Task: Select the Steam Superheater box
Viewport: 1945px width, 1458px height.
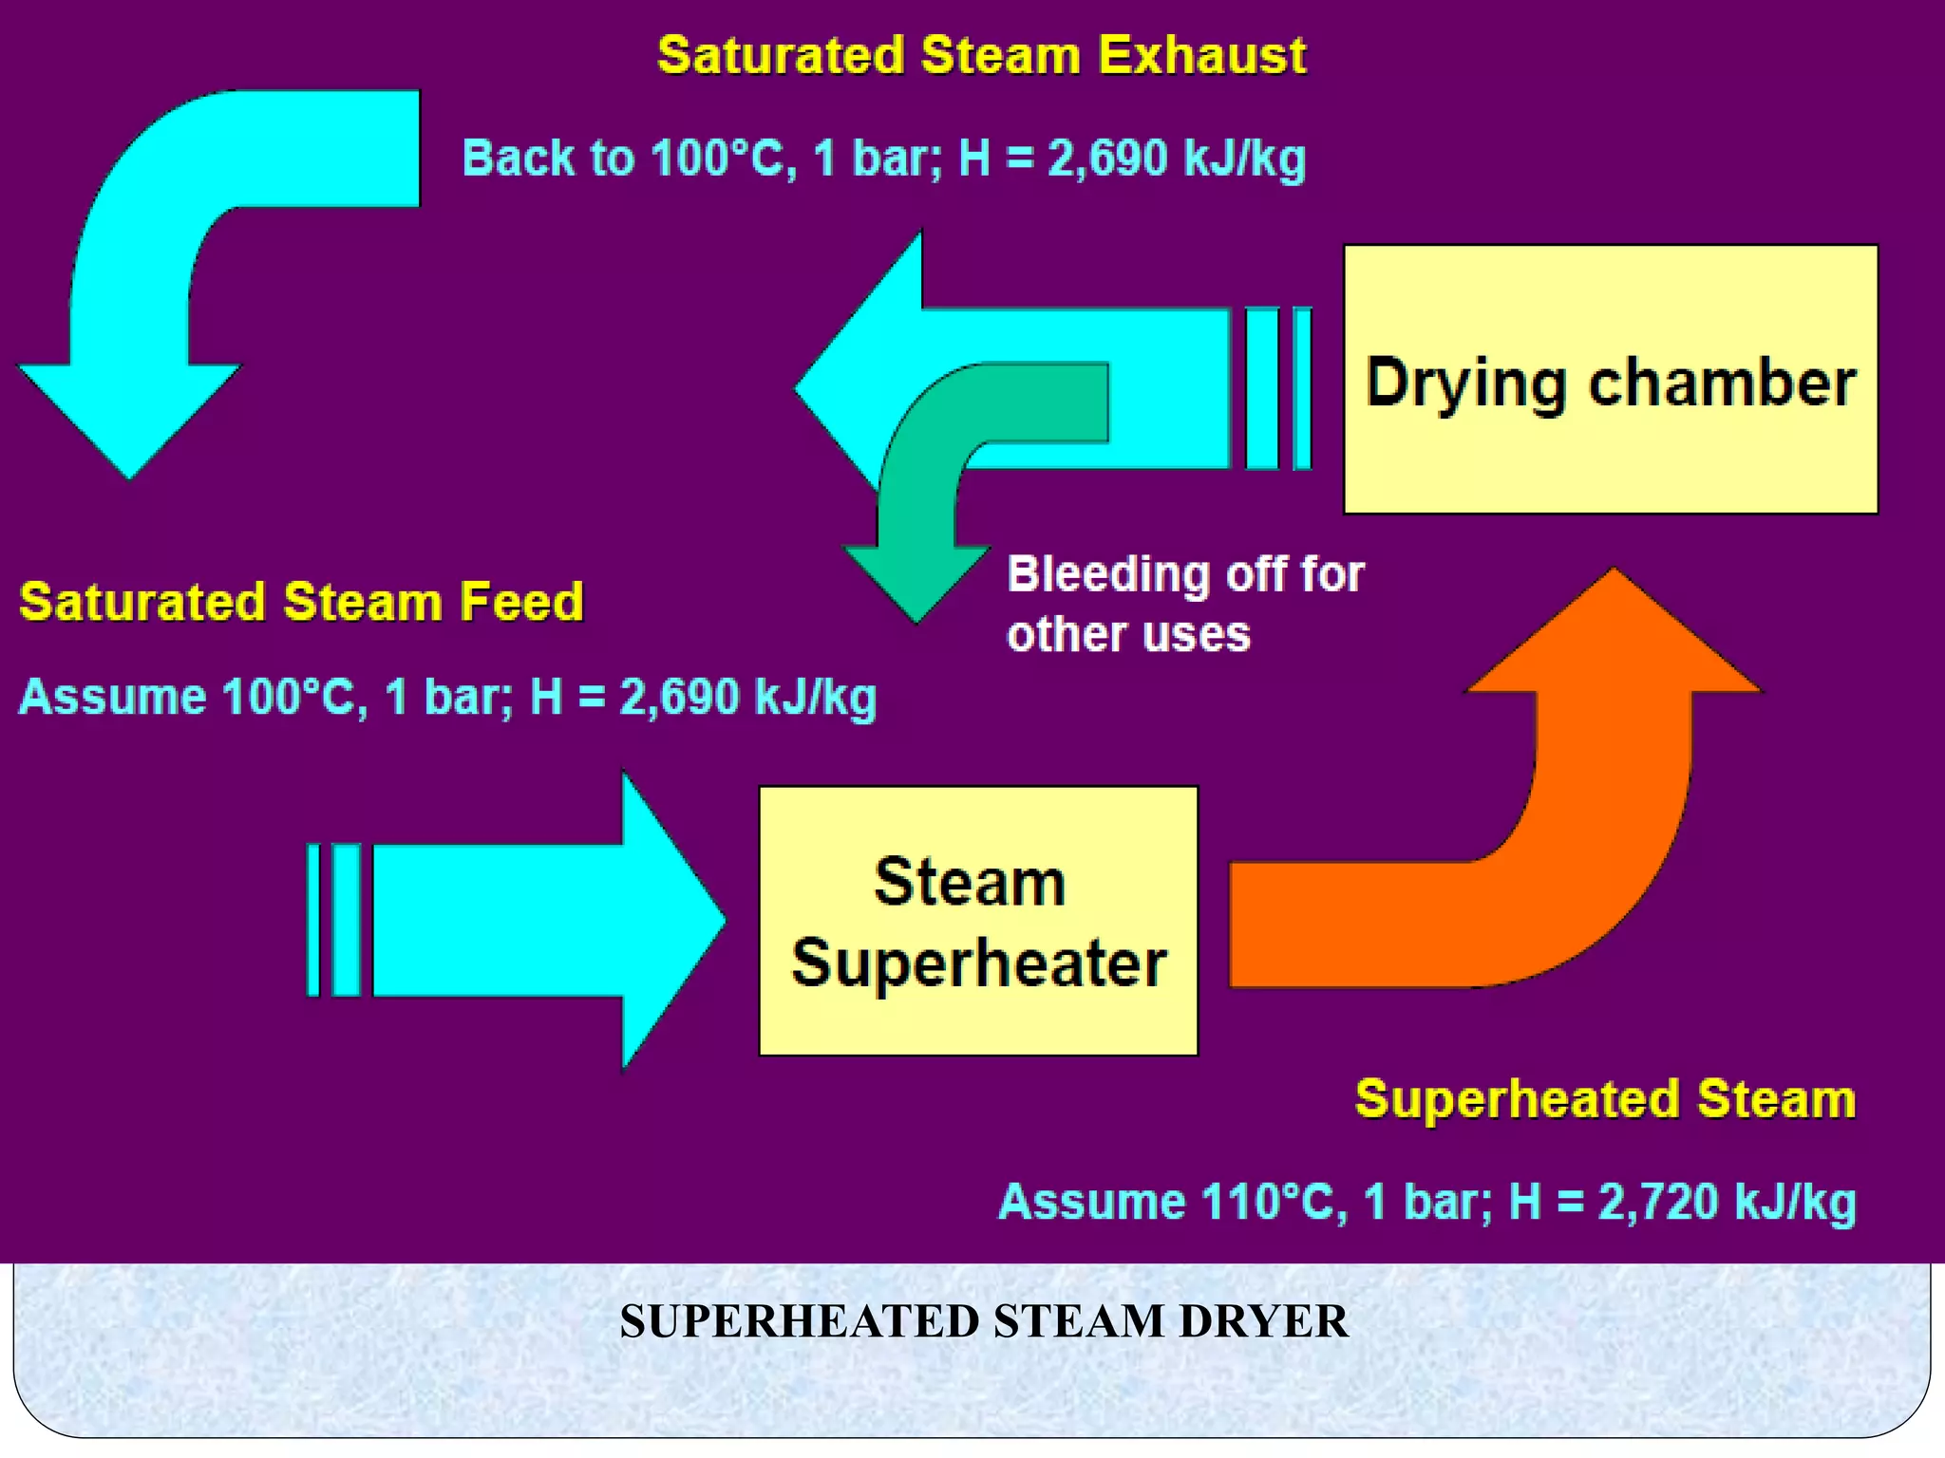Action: (x=978, y=921)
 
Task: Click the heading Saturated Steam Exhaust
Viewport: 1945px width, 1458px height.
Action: (x=981, y=55)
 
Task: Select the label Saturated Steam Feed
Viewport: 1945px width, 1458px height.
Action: (x=301, y=602)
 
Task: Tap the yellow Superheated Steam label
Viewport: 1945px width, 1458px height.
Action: (x=1605, y=1099)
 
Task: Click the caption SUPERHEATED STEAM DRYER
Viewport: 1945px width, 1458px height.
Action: (x=983, y=1321)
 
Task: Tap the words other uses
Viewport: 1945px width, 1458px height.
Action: (x=1128, y=634)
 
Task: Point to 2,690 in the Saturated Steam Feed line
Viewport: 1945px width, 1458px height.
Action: (x=680, y=697)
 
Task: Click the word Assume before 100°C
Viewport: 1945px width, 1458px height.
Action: (x=112, y=697)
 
